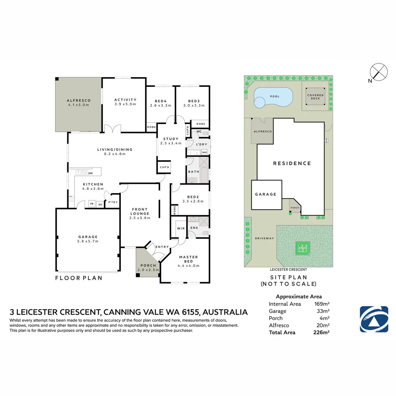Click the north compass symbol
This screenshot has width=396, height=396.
[379, 72]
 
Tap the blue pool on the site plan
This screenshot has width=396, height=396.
[273, 97]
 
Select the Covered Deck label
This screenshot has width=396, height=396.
[315, 97]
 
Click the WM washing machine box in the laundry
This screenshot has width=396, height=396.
[204, 152]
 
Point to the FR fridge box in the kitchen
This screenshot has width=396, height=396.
[92, 204]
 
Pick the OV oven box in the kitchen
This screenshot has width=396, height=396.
[100, 204]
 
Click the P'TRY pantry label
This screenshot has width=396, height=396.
[113, 202]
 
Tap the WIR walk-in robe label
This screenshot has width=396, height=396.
[181, 228]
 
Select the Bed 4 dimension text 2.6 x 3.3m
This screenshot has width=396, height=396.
[160, 105]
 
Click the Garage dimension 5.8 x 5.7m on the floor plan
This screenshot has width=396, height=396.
[88, 241]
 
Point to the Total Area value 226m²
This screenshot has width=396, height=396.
[321, 332]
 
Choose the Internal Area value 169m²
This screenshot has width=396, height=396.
[322, 304]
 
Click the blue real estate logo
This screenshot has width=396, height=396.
[374, 319]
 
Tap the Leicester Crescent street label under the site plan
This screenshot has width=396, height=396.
[288, 269]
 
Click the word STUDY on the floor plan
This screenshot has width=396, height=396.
[171, 139]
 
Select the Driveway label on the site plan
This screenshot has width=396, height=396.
[264, 238]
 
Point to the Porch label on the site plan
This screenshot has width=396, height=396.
[295, 208]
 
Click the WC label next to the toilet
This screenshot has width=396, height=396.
[199, 132]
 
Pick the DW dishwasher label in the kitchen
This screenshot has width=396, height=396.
[91, 173]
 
